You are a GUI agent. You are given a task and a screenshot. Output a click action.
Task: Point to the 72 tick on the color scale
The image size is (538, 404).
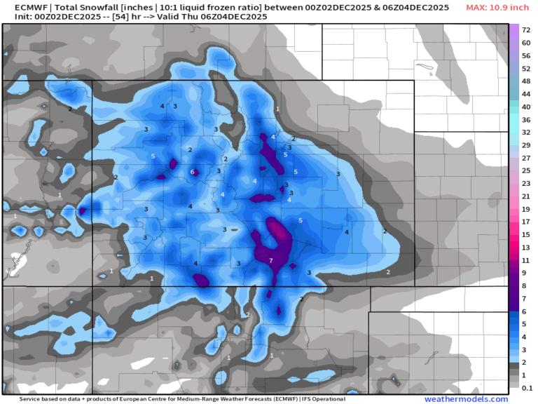coord(525,29)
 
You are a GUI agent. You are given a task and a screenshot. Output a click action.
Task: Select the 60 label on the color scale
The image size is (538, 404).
coord(525,43)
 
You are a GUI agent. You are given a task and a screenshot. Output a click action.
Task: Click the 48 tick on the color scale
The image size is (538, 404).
coord(525,81)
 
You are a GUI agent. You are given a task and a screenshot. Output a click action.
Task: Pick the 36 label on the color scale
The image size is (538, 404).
coord(525,120)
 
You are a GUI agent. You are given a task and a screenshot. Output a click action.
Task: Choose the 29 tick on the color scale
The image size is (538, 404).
coord(525,145)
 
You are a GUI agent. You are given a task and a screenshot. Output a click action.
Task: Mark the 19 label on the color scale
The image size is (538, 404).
coord(525,209)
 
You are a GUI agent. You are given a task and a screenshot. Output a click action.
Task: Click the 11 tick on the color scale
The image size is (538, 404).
coord(525,260)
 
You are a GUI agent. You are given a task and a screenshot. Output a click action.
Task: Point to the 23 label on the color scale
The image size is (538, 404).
coord(525,184)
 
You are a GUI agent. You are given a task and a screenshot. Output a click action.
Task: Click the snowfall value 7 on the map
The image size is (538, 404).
coord(271,261)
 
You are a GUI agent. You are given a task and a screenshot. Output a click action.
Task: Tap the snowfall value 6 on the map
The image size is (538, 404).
coord(192,172)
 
